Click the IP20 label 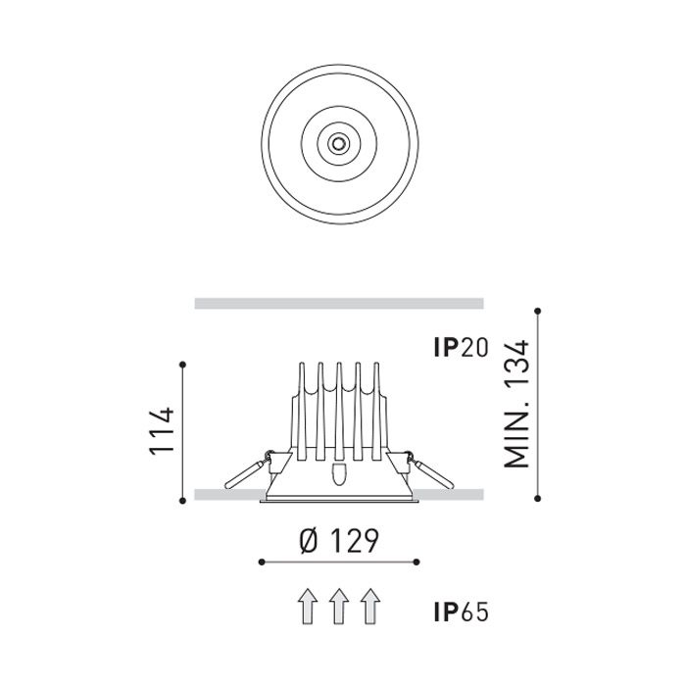point(460,348)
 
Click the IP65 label point(460,613)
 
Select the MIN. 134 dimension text point(516,403)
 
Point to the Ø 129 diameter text point(337,539)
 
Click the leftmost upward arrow point(307,607)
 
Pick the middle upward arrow point(338,607)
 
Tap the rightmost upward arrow point(369,607)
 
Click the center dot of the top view point(339,143)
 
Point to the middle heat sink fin point(338,412)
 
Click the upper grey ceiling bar point(339,304)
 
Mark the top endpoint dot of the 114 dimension point(184,365)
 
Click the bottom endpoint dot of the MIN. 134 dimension point(538,499)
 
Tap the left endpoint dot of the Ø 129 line point(260,562)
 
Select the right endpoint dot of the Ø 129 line point(417,562)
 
